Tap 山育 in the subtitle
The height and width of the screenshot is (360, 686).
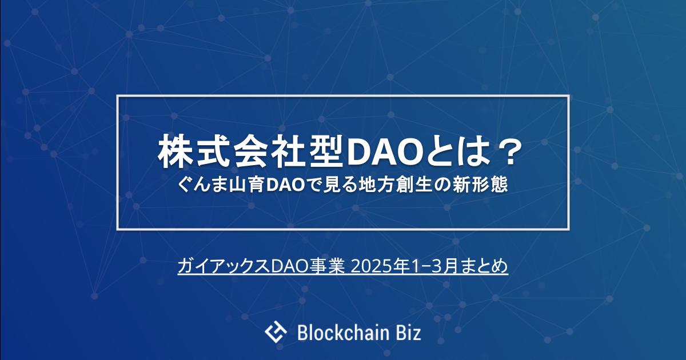coord(245,185)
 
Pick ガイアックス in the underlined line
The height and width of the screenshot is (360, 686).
coord(224,266)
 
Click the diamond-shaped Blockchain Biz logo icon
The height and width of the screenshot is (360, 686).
coord(276,331)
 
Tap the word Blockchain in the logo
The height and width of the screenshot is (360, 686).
coord(345,333)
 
